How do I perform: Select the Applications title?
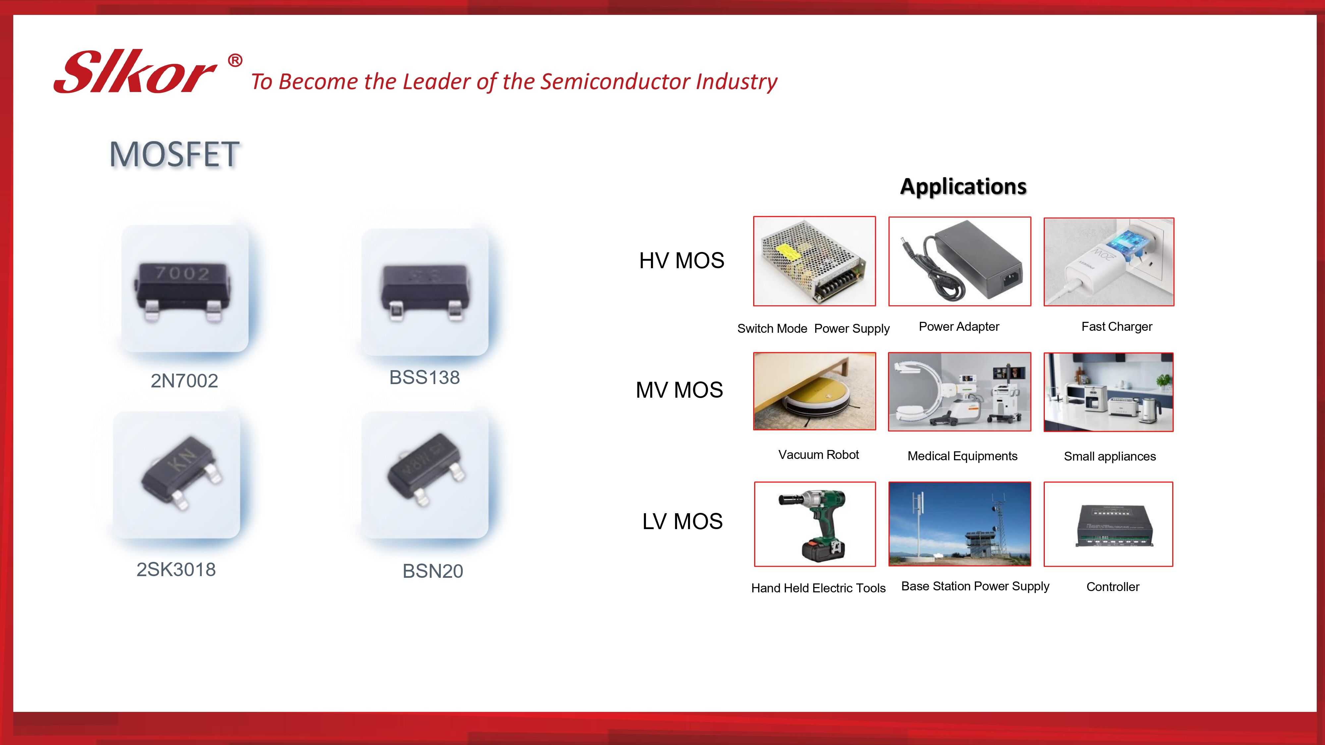pyautogui.click(x=963, y=186)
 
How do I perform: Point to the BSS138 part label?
pyautogui.click(x=424, y=377)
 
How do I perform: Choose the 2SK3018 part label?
pyautogui.click(x=176, y=570)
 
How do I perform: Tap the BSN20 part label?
pyautogui.click(x=433, y=571)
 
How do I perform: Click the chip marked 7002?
pyautogui.click(x=182, y=290)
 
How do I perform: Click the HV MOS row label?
pyautogui.click(x=681, y=261)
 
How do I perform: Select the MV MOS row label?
pyautogui.click(x=679, y=390)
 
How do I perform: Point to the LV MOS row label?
pyautogui.click(x=682, y=521)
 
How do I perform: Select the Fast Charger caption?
pyautogui.click(x=1117, y=326)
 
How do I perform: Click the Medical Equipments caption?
pyautogui.click(x=962, y=456)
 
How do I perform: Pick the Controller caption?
pyautogui.click(x=1113, y=587)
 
